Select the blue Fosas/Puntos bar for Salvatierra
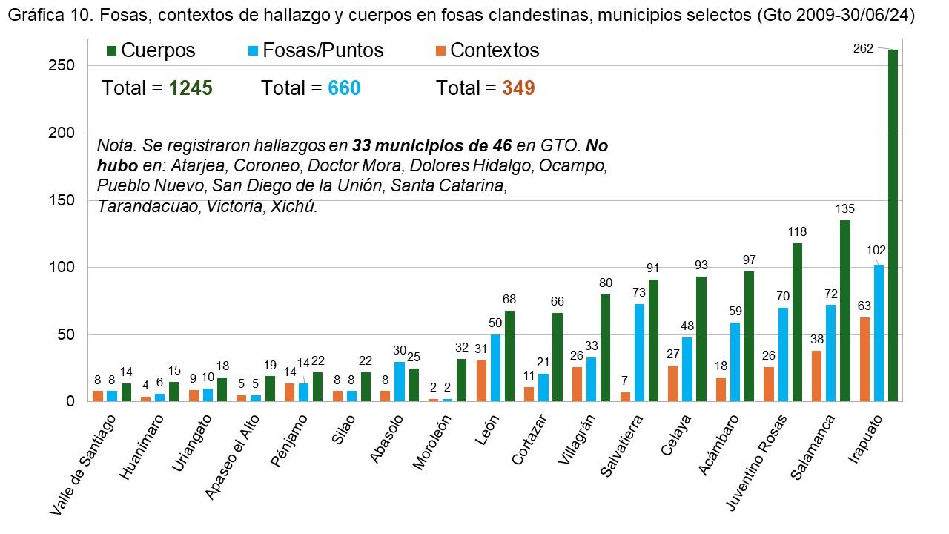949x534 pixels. (639, 352)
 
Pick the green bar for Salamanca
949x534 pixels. (845, 311)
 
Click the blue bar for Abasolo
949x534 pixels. (400, 381)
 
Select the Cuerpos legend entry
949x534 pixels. (151, 50)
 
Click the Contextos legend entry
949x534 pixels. (487, 50)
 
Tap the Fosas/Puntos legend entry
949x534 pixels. (315, 50)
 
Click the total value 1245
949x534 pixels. (191, 88)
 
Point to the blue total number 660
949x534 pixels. (344, 88)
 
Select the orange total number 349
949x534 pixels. (518, 88)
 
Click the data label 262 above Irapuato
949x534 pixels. (864, 50)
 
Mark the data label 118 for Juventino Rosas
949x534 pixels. (798, 232)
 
